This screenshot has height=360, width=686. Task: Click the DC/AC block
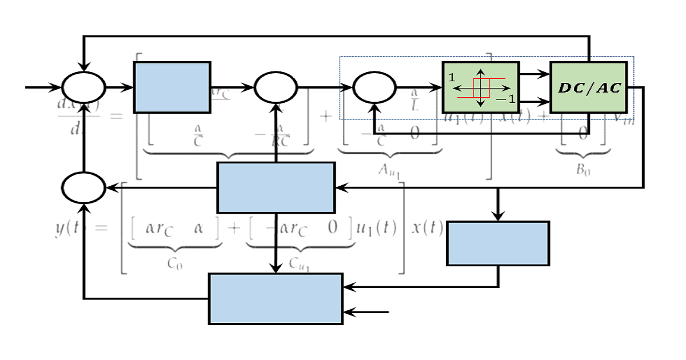coord(589,87)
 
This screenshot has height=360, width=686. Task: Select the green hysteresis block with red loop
coord(481,87)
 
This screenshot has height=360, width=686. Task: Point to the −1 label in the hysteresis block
coord(505,99)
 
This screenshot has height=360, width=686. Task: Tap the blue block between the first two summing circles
coord(172,87)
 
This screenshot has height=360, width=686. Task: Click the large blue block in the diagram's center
coord(276,187)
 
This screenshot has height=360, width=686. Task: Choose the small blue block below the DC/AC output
coord(498,243)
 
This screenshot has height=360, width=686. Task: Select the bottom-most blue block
coord(276,299)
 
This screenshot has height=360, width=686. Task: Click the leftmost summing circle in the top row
coord(84,88)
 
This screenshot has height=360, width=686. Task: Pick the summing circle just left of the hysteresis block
coord(374,88)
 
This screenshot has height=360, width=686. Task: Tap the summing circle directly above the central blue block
coord(276,88)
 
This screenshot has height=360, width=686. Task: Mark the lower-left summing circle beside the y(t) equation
coord(84,187)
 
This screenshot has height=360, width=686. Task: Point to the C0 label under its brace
coord(175,264)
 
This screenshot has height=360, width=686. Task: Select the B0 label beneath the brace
coord(583,170)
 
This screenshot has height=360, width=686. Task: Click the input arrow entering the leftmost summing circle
coord(43,88)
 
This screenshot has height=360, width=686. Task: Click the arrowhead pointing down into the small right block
coord(498,215)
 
